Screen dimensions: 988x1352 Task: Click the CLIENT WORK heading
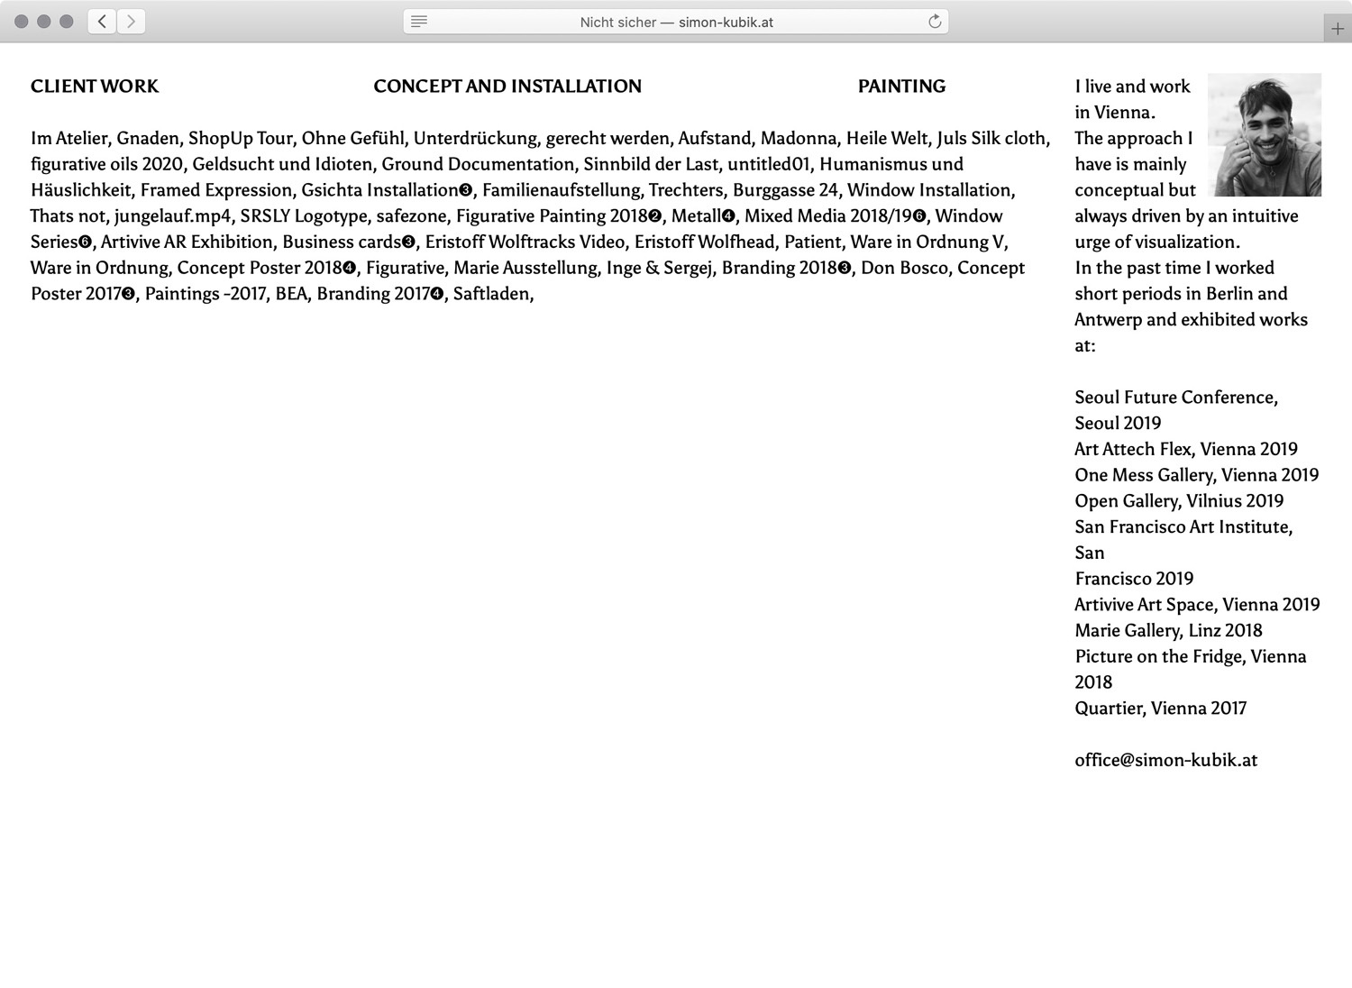pos(95,87)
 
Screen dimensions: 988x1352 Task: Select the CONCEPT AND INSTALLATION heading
pos(507,87)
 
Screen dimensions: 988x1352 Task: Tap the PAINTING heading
pos(901,87)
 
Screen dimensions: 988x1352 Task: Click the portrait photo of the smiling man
pos(1264,135)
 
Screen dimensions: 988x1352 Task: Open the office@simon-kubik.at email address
pos(1165,760)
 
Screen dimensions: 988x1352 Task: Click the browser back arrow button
pos(103,22)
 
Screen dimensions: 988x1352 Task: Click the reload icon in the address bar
pos(935,22)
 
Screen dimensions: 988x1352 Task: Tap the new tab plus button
pos(1338,29)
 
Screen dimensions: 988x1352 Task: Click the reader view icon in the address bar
pos(419,22)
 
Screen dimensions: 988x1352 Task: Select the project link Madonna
pos(799,138)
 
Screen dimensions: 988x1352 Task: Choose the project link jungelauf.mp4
pos(172,216)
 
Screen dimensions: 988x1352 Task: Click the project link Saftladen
pos(492,294)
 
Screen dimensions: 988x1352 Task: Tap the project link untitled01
pos(768,164)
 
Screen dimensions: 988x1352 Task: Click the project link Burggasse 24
pos(785,190)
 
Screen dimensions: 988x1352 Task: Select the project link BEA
pos(291,294)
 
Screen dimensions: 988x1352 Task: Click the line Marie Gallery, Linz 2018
pos(1168,630)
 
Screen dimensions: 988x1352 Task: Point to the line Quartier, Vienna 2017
pos(1160,709)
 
